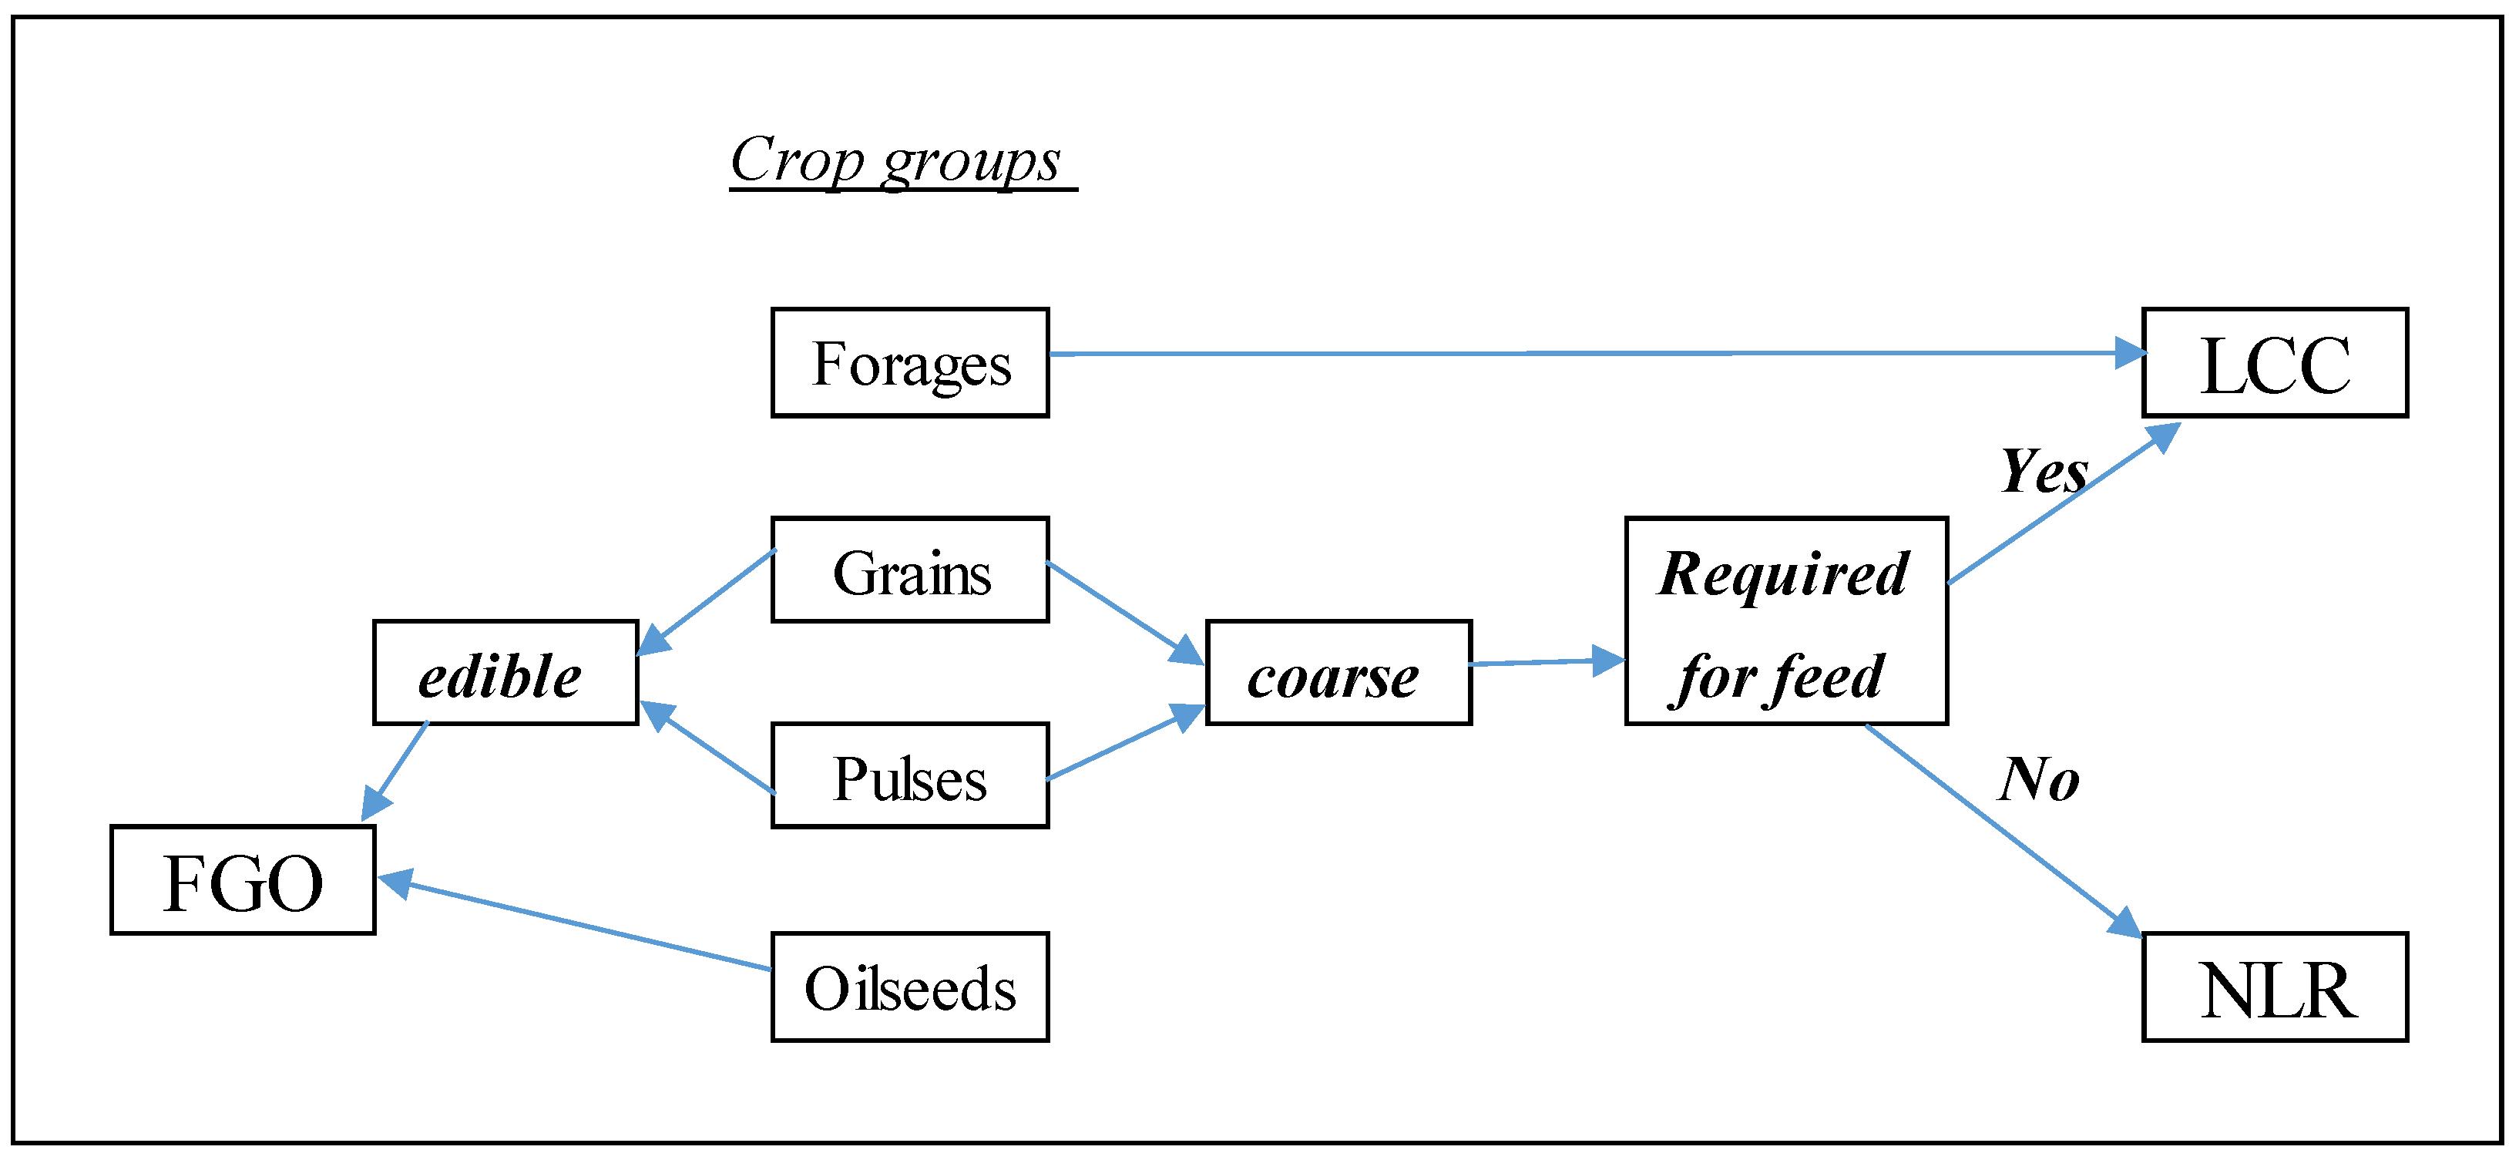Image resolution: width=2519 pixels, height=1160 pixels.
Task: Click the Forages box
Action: tap(909, 363)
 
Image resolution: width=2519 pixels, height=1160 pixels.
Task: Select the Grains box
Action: tap(909, 570)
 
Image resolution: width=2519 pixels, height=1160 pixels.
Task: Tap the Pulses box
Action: tap(909, 777)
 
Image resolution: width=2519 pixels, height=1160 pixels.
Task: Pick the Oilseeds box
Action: tap(909, 987)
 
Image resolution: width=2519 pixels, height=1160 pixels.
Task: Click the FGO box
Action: tap(243, 880)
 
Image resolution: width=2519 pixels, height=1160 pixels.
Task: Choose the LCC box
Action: tap(2275, 363)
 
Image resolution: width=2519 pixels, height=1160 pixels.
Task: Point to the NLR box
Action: tap(2275, 987)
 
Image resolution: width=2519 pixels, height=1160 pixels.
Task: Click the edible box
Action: tap(505, 673)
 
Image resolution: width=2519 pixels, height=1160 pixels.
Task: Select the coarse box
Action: tap(1338, 673)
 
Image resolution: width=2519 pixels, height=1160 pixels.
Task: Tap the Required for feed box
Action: tap(1785, 621)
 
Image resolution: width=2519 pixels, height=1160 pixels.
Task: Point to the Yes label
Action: tap(2044, 472)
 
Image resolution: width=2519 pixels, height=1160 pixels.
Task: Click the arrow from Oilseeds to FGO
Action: tap(577, 925)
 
